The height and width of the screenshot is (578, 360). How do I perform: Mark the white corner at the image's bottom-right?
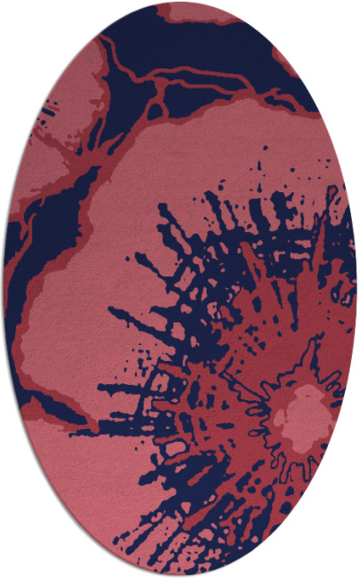click(x=352, y=570)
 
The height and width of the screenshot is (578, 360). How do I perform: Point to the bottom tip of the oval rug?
click(x=180, y=574)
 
